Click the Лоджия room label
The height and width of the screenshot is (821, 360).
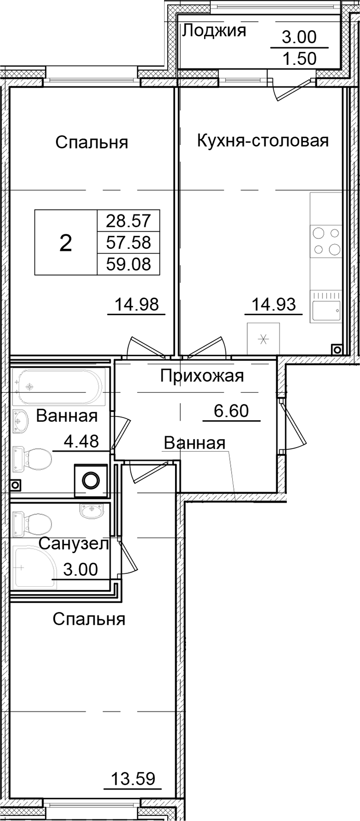coord(214,31)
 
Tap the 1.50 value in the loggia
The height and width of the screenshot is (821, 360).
coord(299,59)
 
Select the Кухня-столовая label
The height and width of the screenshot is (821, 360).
coord(263,141)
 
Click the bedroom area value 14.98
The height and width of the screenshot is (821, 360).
coord(137,304)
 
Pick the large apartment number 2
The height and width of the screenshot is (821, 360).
coord(65,243)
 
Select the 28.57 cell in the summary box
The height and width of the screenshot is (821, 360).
coord(128,221)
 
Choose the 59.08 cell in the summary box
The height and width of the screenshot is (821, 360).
coord(128,264)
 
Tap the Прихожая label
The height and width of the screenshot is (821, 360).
coord(202,375)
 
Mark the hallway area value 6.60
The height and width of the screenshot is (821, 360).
coord(231,411)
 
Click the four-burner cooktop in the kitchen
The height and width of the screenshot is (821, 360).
coord(326,241)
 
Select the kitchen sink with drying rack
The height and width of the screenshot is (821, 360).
coord(326,306)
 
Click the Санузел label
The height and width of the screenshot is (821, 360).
coord(74,544)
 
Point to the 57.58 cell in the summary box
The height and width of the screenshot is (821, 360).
coord(128,243)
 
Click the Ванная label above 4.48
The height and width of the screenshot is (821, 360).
coord(67,416)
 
